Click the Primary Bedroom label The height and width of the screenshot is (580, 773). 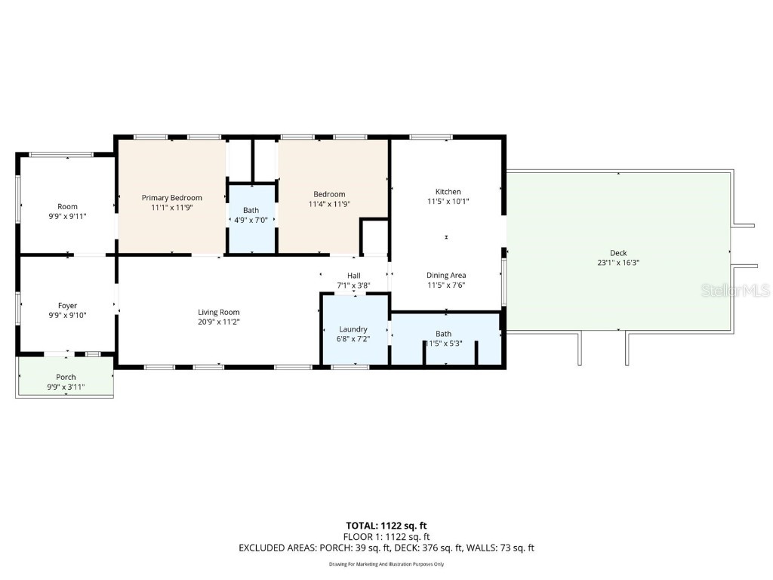coord(172,198)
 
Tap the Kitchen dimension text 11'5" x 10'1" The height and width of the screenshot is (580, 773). coord(448,202)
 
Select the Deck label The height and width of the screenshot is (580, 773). coord(618,253)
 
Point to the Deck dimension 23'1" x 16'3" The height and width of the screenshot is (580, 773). coord(618,263)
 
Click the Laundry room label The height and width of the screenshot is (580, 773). coord(353,329)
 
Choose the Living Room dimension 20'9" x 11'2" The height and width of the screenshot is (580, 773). coord(219,322)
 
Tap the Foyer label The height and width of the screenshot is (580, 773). coord(68,306)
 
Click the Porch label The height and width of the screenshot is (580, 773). coord(66,378)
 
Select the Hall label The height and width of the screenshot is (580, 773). coord(353,276)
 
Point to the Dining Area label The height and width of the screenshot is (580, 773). coord(446,276)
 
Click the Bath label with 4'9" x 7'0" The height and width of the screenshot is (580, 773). coord(251,211)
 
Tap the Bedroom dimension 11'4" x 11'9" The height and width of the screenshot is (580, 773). coord(329,204)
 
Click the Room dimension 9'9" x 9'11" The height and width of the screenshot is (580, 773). coord(68,216)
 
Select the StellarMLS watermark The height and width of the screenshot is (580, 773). coord(735,291)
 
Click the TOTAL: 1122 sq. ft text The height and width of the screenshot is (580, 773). coord(386,526)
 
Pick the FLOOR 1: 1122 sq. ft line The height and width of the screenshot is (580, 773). coord(386,537)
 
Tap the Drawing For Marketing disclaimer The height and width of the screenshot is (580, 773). coord(386,564)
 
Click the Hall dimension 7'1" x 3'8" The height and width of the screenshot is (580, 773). coord(353,285)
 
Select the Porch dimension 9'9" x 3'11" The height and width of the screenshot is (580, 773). coord(66,387)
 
